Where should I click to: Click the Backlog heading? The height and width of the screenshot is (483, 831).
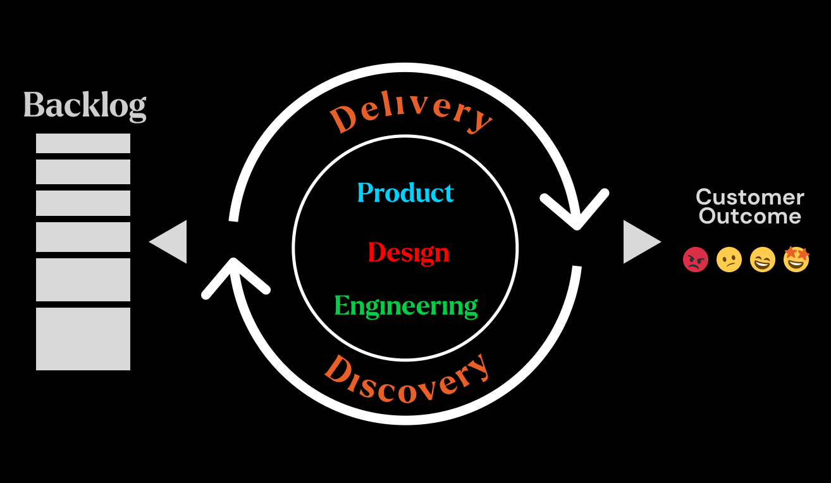85,106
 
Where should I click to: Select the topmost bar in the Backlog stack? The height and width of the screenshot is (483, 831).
83,143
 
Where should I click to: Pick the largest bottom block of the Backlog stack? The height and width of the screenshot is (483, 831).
83,339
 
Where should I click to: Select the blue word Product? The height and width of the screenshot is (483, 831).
405,193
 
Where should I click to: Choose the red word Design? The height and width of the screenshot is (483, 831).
409,253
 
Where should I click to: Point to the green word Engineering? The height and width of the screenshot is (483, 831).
405,306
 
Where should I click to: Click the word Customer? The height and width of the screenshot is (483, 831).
750,197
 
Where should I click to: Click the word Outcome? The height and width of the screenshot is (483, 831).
750,216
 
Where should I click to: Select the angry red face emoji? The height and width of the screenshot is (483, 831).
696,260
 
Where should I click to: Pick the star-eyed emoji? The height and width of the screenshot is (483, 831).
796,259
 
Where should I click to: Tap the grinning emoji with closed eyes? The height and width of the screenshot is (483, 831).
763,260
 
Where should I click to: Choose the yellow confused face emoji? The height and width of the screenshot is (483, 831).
729,260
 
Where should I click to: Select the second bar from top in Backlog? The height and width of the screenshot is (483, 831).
83,172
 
